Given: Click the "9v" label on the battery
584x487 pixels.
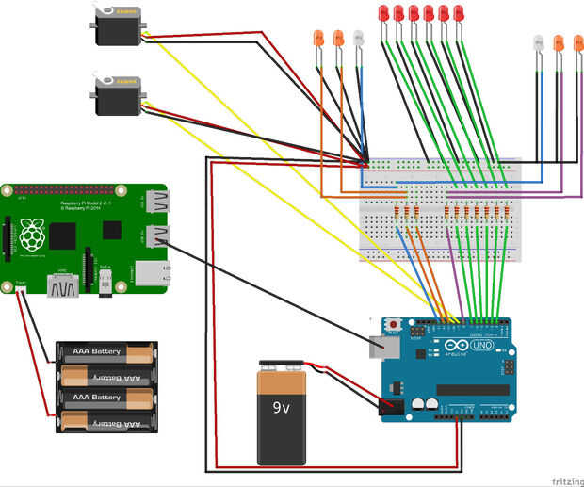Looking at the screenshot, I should (x=282, y=408).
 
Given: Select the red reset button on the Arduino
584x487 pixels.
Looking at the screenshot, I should (x=392, y=326).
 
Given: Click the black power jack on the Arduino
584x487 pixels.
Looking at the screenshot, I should (x=389, y=408).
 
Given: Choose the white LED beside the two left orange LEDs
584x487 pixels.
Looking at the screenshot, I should (x=358, y=40).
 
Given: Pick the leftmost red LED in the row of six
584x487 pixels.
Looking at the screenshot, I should (x=383, y=13).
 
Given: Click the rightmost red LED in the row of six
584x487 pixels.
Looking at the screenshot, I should (x=459, y=13).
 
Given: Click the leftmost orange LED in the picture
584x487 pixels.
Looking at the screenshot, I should (x=317, y=40).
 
